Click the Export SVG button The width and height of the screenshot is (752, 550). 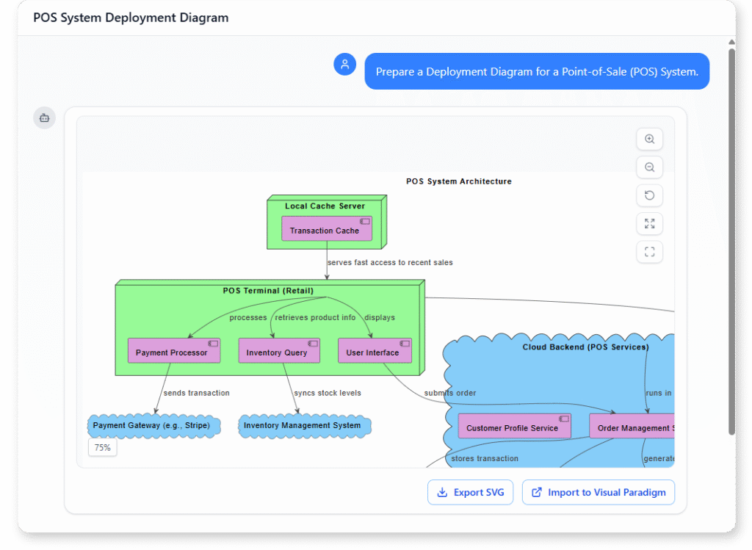point(470,492)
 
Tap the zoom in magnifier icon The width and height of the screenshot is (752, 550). point(649,140)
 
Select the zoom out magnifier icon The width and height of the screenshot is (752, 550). point(649,167)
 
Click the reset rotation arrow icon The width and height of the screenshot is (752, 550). point(649,195)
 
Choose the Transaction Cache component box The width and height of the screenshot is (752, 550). point(326,229)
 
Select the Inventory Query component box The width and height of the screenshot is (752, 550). point(278,351)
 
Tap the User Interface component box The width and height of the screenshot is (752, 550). point(374,351)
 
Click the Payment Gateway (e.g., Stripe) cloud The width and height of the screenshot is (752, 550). point(152,426)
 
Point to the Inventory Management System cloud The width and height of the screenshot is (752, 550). point(303,426)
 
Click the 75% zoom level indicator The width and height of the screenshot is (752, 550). point(103,447)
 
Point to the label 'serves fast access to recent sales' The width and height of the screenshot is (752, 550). point(390,262)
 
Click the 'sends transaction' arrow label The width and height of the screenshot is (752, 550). point(196,393)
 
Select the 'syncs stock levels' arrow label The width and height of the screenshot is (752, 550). point(327,393)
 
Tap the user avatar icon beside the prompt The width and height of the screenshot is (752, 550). point(344,64)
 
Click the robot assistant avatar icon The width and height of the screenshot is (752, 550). point(44,117)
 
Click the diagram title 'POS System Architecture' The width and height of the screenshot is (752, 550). point(459,181)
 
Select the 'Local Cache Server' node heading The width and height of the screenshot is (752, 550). point(325,206)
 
